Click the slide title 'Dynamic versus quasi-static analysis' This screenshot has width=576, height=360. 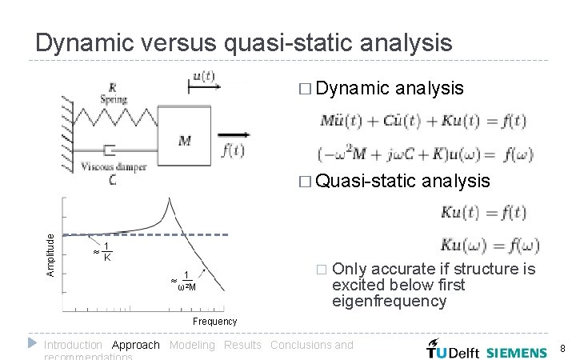pyautogui.click(x=244, y=42)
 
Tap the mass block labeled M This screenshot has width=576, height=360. pyautogui.click(x=184, y=141)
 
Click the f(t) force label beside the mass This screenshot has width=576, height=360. pyautogui.click(x=232, y=150)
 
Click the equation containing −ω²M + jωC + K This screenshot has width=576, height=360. pyautogui.click(x=424, y=154)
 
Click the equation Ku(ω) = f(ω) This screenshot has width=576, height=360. pyautogui.click(x=490, y=245)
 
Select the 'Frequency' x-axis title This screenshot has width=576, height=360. pyautogui.click(x=215, y=321)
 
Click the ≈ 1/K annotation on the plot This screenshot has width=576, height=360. pyautogui.click(x=102, y=252)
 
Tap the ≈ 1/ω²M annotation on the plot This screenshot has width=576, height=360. pyautogui.click(x=184, y=281)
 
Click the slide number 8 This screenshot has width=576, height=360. pyautogui.click(x=562, y=349)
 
